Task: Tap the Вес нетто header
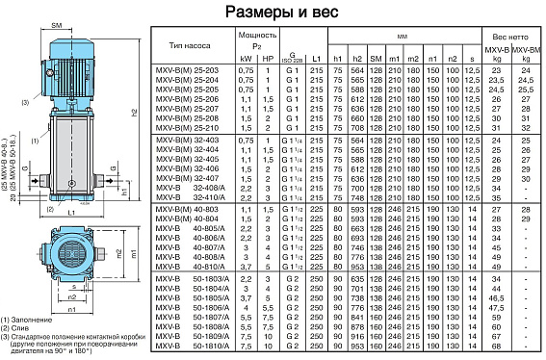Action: click(509, 35)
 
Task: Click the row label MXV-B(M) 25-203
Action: click(189, 72)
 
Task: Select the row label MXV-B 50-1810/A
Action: click(189, 347)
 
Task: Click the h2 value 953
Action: click(358, 347)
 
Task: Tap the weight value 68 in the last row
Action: click(497, 347)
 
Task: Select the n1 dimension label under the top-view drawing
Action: click(72, 311)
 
